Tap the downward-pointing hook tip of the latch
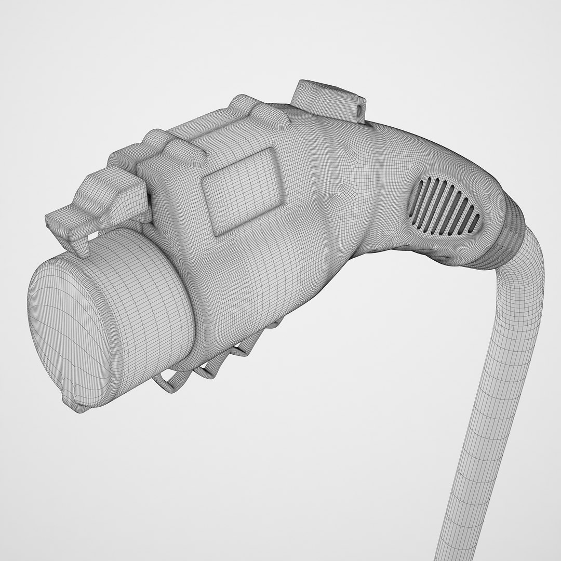click(81, 248)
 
